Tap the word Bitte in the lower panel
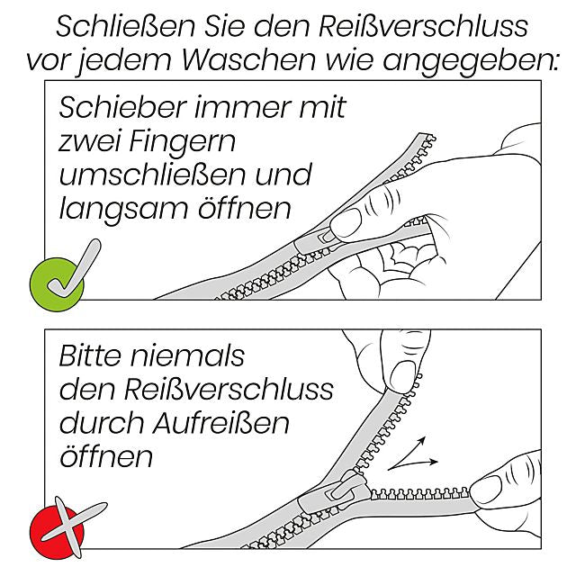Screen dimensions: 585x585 [88, 355]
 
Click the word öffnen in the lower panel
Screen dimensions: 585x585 [106, 455]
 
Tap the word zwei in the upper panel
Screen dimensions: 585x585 [94, 141]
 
